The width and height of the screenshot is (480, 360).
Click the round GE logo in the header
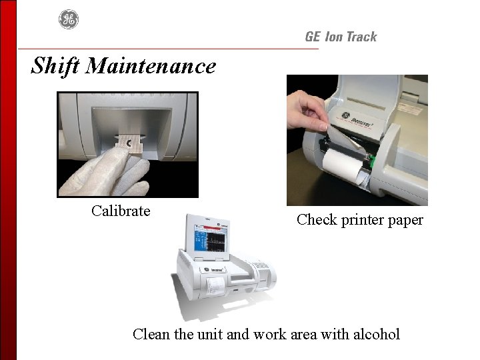pos(69,19)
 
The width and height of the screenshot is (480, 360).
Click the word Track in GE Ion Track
pos(362,37)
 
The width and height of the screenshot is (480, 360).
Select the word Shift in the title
pos(56,66)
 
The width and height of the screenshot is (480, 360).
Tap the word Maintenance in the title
pos(151,65)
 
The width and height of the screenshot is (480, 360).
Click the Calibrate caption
pos(121,211)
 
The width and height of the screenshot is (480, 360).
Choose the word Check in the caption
pos(317,219)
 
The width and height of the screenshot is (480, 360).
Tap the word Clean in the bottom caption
pos(151,334)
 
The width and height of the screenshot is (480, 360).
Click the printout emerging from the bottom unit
pos(214,286)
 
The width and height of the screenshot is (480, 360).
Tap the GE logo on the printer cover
pos(345,116)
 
